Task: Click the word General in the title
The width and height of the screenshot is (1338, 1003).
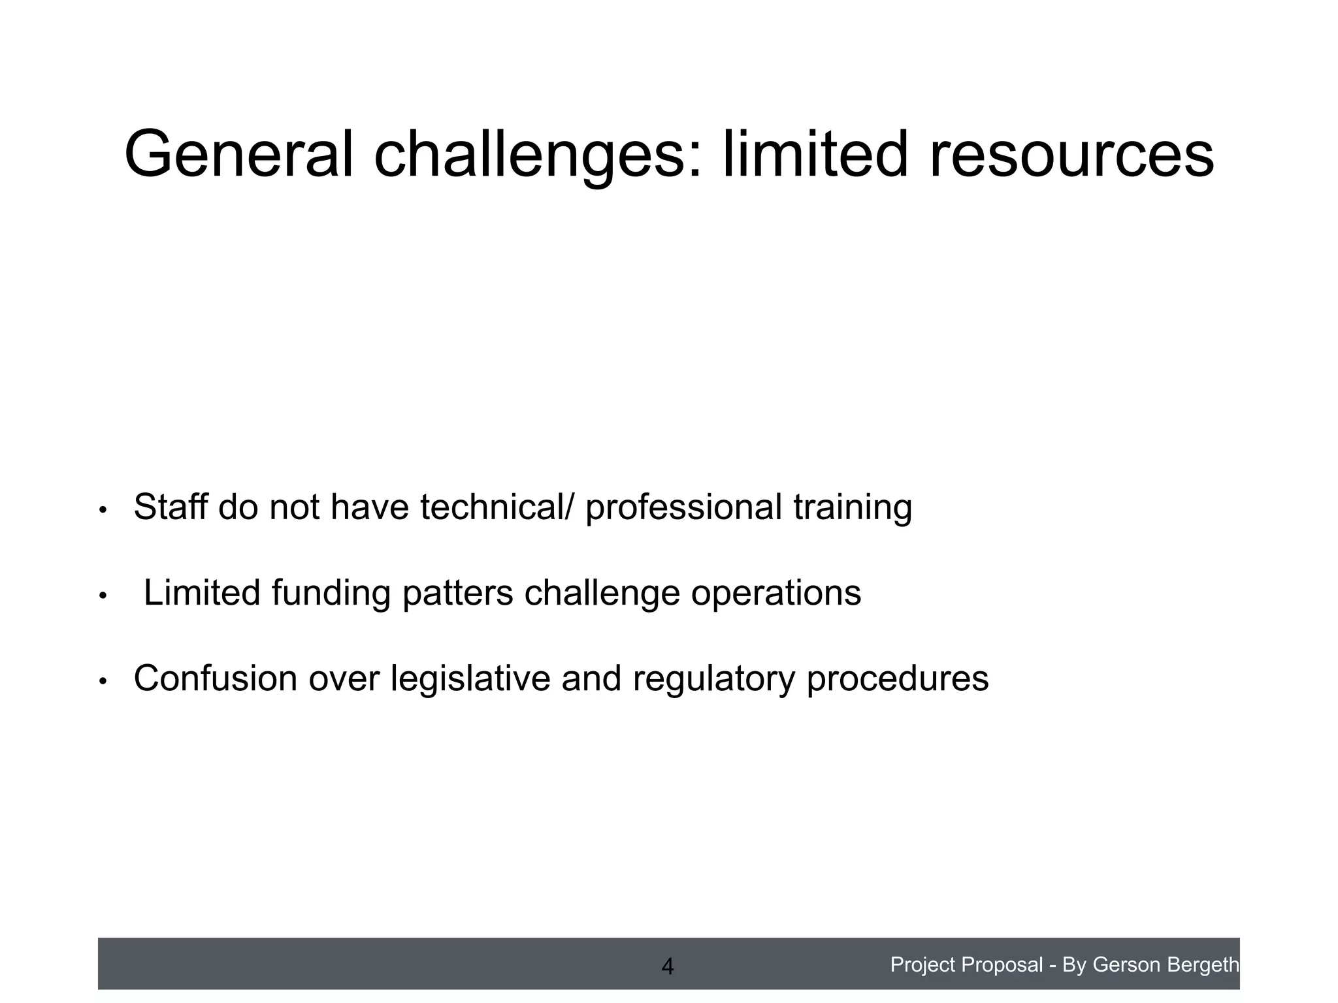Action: click(x=238, y=155)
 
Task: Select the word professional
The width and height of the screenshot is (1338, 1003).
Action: click(x=683, y=508)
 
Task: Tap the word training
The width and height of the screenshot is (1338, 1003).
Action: click(x=853, y=508)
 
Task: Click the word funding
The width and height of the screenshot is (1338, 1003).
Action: click(x=331, y=594)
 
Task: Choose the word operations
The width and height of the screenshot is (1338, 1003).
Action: click(x=776, y=594)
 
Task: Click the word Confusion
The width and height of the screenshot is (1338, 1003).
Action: click(x=216, y=678)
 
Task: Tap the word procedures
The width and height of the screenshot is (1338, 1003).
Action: click(x=898, y=679)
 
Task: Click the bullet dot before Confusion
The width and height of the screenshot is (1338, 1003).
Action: click(x=102, y=682)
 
